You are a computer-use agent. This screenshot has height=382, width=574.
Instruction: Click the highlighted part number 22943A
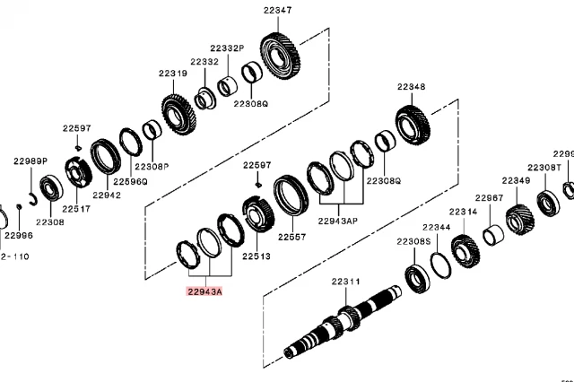coord(204,291)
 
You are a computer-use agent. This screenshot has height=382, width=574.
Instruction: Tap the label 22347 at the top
coord(277,9)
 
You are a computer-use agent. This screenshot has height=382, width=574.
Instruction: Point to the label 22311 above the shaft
coord(345,282)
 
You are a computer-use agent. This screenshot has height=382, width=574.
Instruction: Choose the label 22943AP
coord(338,220)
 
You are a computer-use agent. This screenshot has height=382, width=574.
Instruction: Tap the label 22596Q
coord(130,181)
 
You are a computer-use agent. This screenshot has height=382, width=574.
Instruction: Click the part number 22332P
coord(227,48)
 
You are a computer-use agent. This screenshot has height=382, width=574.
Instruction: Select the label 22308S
coord(413,241)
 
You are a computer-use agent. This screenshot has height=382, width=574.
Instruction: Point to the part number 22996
coord(18,236)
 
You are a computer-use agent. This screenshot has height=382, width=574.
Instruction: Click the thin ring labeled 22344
coord(440,265)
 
